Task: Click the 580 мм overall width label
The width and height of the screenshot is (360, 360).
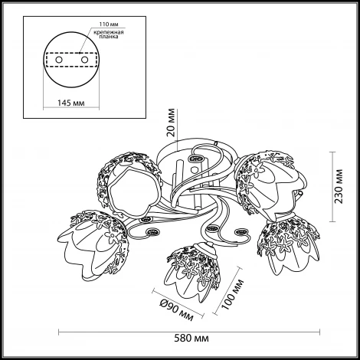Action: pos(191,339)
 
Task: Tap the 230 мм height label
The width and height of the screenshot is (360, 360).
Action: pos(339,186)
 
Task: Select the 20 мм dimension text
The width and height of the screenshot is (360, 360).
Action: pos(172,123)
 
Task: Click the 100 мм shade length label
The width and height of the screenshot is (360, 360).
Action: pos(233,294)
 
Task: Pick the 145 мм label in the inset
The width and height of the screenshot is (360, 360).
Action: pos(70,103)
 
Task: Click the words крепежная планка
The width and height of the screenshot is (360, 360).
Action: pos(109,34)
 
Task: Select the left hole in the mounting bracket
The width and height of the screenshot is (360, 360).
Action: pos(59,60)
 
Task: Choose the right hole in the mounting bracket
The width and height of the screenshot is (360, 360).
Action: pos(84,60)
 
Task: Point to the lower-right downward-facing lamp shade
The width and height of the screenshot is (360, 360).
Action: pos(289,245)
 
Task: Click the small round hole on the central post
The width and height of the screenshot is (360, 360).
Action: pos(195,169)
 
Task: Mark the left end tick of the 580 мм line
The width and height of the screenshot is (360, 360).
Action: pos(59,332)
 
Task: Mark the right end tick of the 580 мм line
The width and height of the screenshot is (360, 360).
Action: pos(319,332)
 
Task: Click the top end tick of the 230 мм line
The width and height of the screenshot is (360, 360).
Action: pos(332,152)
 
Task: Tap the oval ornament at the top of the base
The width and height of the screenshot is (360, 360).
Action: pos(196,159)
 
